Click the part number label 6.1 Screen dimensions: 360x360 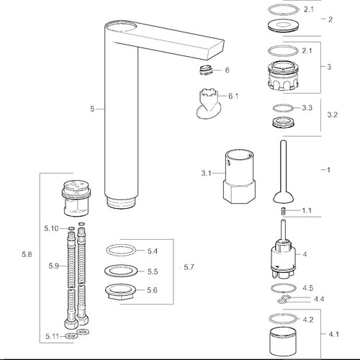[x=233, y=96]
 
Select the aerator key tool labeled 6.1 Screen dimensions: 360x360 [x=208, y=104]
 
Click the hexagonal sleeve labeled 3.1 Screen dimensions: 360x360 [x=239, y=176]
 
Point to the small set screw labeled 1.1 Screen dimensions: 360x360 [x=284, y=211]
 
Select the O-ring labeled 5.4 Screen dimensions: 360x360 [x=121, y=251]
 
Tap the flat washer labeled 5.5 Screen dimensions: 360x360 [x=121, y=271]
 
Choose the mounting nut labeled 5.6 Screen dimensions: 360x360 [x=120, y=292]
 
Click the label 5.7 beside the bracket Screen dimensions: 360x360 [x=189, y=267]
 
